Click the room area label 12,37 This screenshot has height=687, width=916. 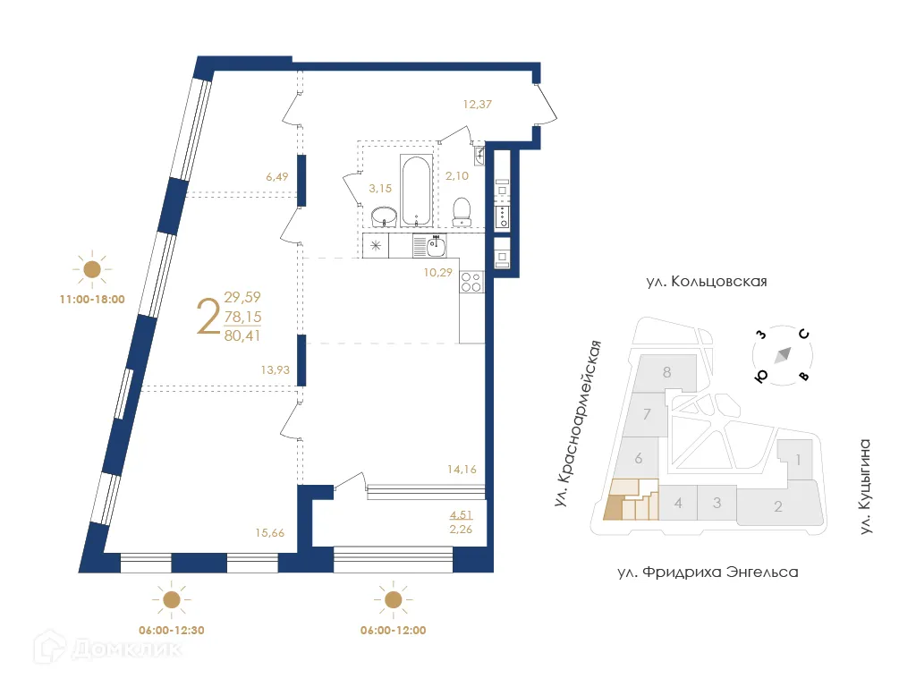[x=478, y=105]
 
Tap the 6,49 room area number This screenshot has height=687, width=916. [x=278, y=177]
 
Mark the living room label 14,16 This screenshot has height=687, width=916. [x=463, y=466]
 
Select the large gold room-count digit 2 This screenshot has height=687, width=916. [x=208, y=318]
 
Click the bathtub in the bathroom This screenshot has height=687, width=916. [x=416, y=191]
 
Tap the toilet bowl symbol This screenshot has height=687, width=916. [x=462, y=209]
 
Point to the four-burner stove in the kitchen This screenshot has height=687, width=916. [x=471, y=283]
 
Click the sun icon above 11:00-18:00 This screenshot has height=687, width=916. [x=91, y=268]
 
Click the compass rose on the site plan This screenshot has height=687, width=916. [x=783, y=354]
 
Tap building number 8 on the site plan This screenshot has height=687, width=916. [x=666, y=372]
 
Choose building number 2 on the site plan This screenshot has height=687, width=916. [x=778, y=507]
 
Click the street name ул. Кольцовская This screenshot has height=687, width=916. [x=707, y=282]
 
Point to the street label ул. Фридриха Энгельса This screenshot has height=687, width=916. [x=706, y=572]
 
